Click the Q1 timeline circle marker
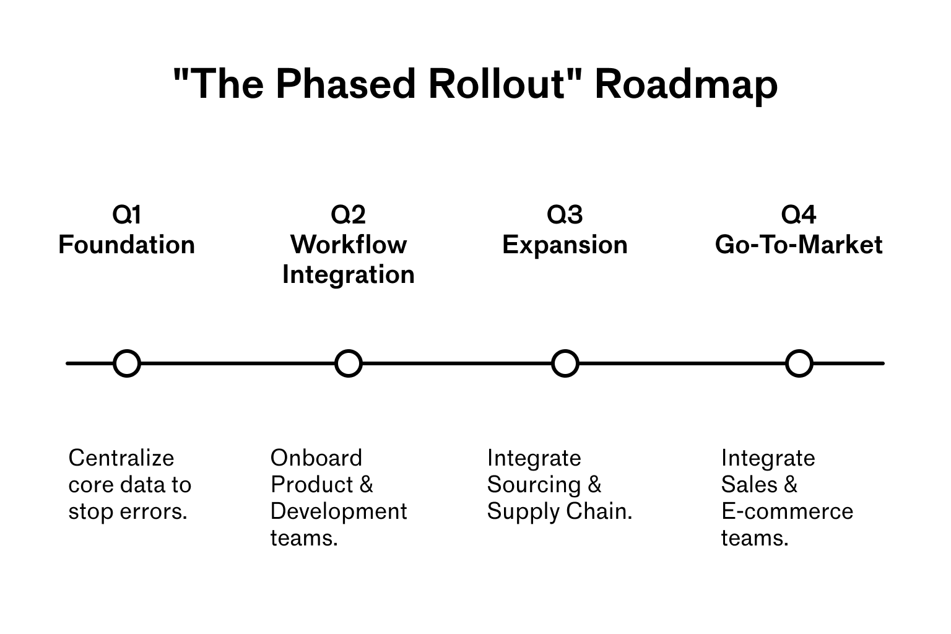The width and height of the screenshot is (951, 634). point(127,363)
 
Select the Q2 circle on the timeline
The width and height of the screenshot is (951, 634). point(348,363)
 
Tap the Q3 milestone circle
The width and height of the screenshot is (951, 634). point(565,363)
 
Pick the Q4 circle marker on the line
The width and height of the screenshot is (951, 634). point(799,363)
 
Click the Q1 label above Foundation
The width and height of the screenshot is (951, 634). point(127,215)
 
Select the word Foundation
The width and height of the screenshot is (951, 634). point(127,245)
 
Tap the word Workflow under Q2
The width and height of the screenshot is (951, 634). point(349,245)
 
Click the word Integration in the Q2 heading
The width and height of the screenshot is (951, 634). point(349,275)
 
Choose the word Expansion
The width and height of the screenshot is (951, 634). point(565,245)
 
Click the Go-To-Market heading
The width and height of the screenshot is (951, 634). point(799,245)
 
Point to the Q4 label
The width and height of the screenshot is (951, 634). point(799,215)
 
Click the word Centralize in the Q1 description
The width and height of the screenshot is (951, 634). point(121,458)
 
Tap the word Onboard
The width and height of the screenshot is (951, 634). point(316,458)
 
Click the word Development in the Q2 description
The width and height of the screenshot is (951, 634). point(339,512)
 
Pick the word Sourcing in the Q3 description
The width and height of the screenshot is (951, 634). point(534,485)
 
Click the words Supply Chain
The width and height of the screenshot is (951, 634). point(559,512)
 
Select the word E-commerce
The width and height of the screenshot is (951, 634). point(787,512)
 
